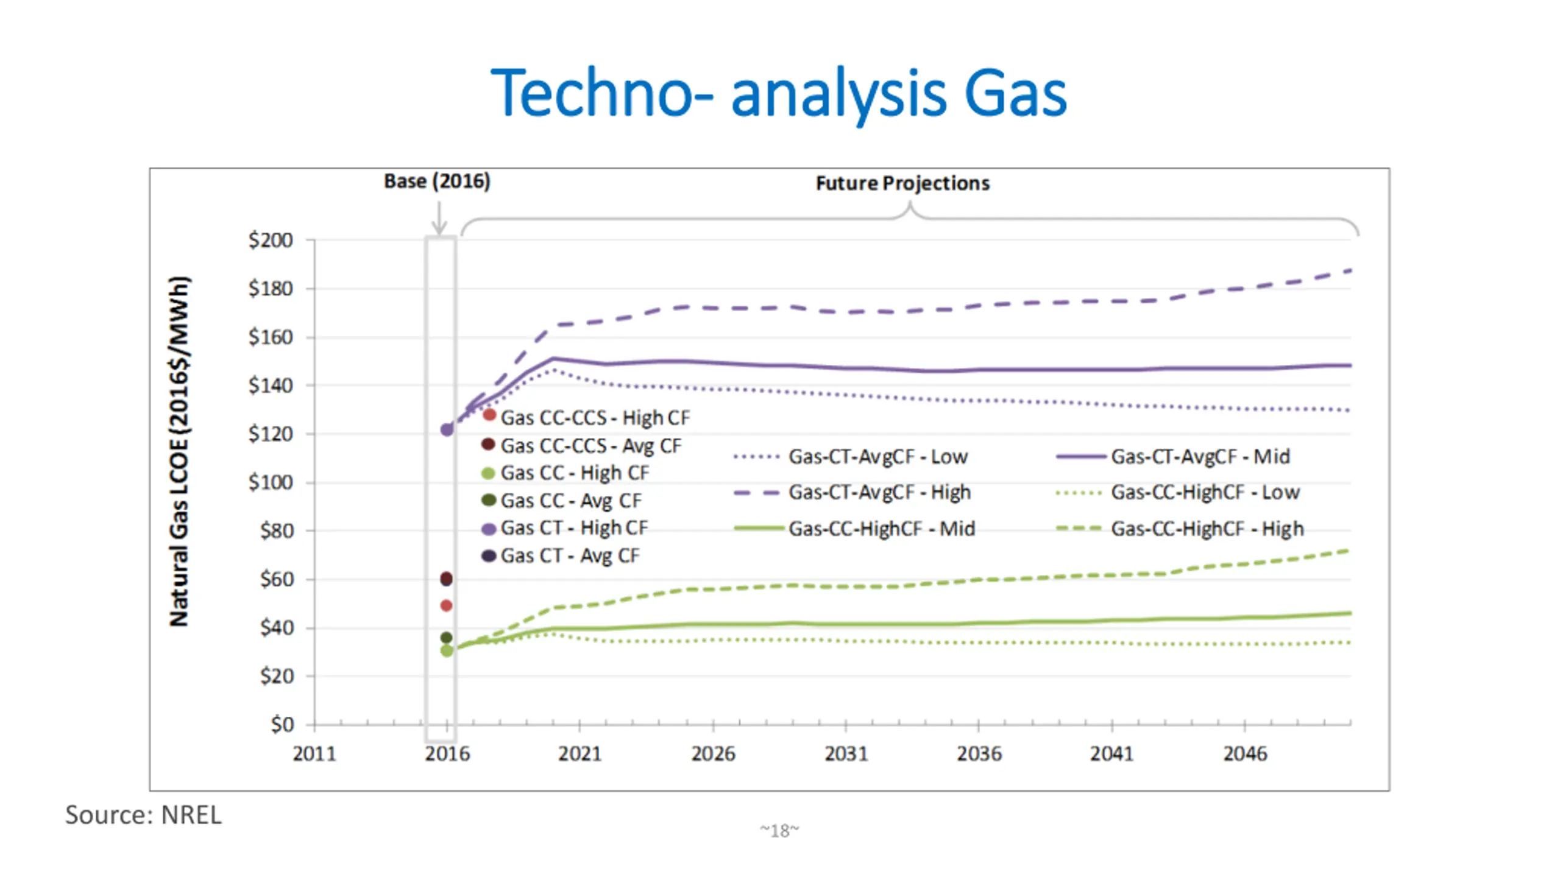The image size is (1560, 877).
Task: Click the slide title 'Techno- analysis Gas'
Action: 779,93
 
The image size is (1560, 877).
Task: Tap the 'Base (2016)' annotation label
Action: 437,181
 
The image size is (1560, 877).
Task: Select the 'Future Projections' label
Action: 902,183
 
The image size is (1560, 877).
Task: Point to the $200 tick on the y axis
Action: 271,240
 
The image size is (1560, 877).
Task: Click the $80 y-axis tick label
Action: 277,530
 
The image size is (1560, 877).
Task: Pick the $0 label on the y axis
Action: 283,724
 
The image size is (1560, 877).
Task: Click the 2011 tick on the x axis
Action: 314,754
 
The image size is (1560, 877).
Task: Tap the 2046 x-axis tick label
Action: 1245,754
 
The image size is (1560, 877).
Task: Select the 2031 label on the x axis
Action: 846,754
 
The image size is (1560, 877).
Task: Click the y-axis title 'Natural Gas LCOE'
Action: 179,451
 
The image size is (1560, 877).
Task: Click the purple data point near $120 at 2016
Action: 447,429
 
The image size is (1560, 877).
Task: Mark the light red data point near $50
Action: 446,605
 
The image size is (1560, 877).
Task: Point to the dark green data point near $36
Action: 446,638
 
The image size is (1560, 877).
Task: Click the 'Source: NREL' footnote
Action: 143,815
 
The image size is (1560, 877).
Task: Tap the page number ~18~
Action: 779,831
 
